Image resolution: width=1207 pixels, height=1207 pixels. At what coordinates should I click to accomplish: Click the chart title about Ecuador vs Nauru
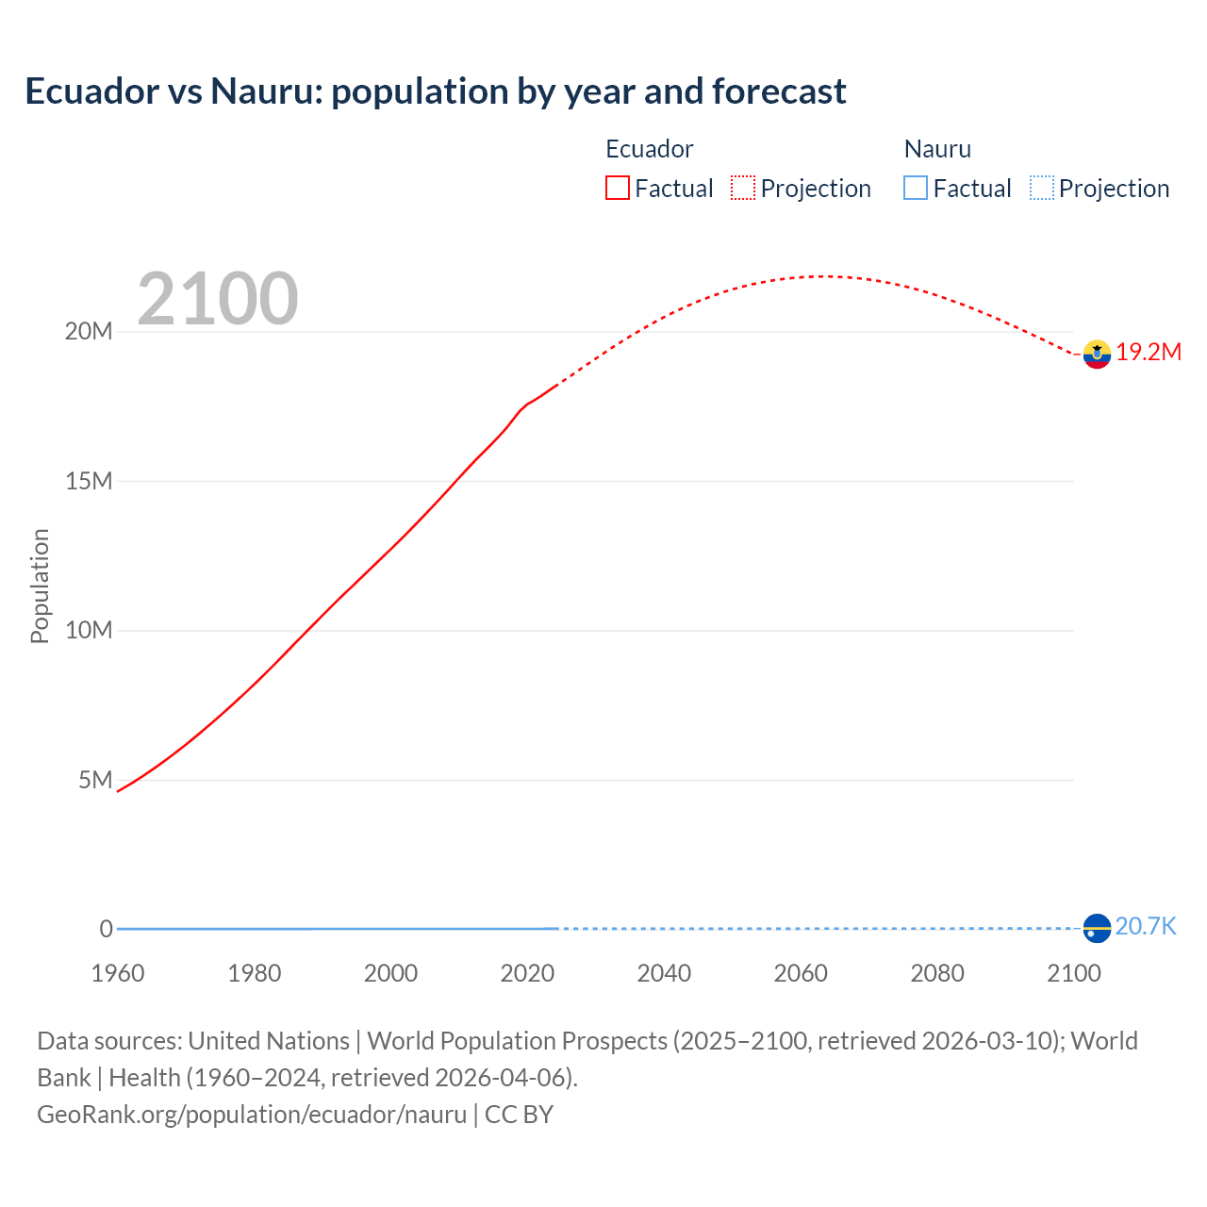pos(435,91)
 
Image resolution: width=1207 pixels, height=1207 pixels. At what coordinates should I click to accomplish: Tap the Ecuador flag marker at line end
pos(1097,354)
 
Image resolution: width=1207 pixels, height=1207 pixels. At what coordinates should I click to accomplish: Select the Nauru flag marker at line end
pos(1097,928)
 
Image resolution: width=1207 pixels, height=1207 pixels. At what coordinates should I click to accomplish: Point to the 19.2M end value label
pos(1149,353)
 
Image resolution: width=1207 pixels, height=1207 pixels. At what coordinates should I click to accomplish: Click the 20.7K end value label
pos(1146,927)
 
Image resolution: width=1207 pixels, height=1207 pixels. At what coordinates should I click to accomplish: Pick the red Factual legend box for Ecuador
pos(618,189)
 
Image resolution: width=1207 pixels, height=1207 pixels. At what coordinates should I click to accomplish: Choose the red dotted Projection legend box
pos(743,189)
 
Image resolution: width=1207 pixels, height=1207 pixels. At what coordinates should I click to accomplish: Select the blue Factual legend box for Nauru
pos(916,189)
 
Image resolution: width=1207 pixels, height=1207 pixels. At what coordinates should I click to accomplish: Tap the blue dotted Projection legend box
pos(1042,189)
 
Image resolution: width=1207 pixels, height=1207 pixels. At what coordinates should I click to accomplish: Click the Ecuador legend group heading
pos(649,149)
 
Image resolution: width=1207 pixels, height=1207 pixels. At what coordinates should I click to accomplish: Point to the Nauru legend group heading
pos(937,149)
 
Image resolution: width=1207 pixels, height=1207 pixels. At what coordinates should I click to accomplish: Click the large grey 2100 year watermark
pos(218,299)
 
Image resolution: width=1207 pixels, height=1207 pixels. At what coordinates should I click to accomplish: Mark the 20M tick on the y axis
pos(89,332)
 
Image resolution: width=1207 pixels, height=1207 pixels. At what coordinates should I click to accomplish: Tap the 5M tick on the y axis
pos(95,780)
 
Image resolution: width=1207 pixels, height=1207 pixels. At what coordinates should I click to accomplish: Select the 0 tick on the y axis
pos(106,929)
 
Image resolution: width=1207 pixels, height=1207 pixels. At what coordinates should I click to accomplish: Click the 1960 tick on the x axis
pos(118,973)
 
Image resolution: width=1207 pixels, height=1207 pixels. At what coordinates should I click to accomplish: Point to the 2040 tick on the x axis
pos(664,973)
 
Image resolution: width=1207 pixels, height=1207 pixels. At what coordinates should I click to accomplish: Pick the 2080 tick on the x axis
pos(937,973)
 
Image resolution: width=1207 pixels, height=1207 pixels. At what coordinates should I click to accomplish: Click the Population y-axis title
pos(40,586)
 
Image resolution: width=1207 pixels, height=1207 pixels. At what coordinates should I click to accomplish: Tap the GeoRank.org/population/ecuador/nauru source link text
pos(252,1115)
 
